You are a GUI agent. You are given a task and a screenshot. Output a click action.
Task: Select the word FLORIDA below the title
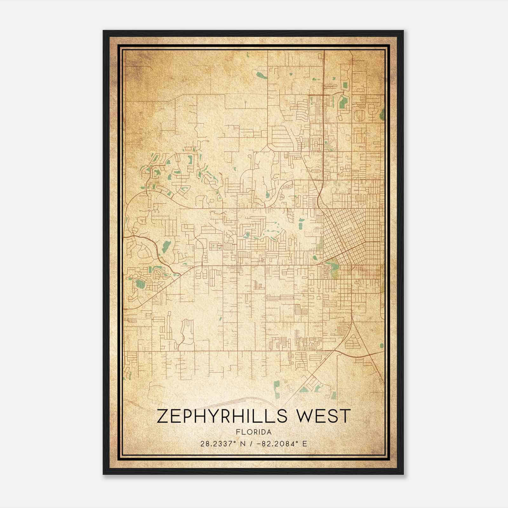pyautogui.click(x=254, y=432)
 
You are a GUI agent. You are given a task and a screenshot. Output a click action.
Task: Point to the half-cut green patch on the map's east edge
pyautogui.click(x=382, y=113)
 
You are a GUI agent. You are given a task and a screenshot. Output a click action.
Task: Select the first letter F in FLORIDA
pyautogui.click(x=237, y=432)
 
